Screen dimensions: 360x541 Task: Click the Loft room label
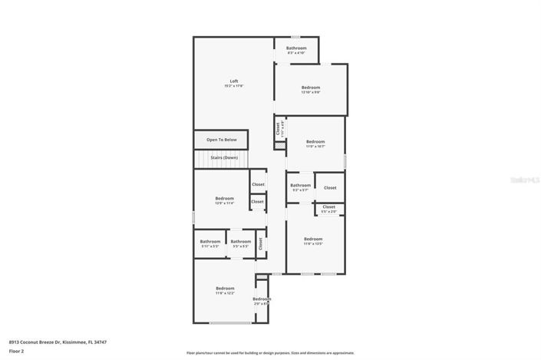point(234,84)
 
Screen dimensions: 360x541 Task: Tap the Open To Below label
point(222,140)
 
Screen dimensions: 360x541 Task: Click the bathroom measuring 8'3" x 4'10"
point(296,50)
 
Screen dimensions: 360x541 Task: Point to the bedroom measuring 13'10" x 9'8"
point(311,90)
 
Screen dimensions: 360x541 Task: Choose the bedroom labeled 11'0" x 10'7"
point(315,144)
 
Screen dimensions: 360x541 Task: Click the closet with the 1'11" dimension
point(279,129)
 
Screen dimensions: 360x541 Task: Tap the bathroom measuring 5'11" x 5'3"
point(210,243)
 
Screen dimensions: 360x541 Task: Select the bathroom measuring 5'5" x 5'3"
point(240,243)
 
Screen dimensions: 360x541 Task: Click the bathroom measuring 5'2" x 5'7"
point(300,187)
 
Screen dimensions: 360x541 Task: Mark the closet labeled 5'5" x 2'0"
point(328,208)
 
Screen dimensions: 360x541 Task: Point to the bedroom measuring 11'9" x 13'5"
point(313,240)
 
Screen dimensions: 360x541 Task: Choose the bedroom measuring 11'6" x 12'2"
point(225,291)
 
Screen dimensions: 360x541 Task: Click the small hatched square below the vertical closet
point(279,144)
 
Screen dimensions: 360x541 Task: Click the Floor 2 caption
point(17,352)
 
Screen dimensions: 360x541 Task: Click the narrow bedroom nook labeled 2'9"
point(262,301)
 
